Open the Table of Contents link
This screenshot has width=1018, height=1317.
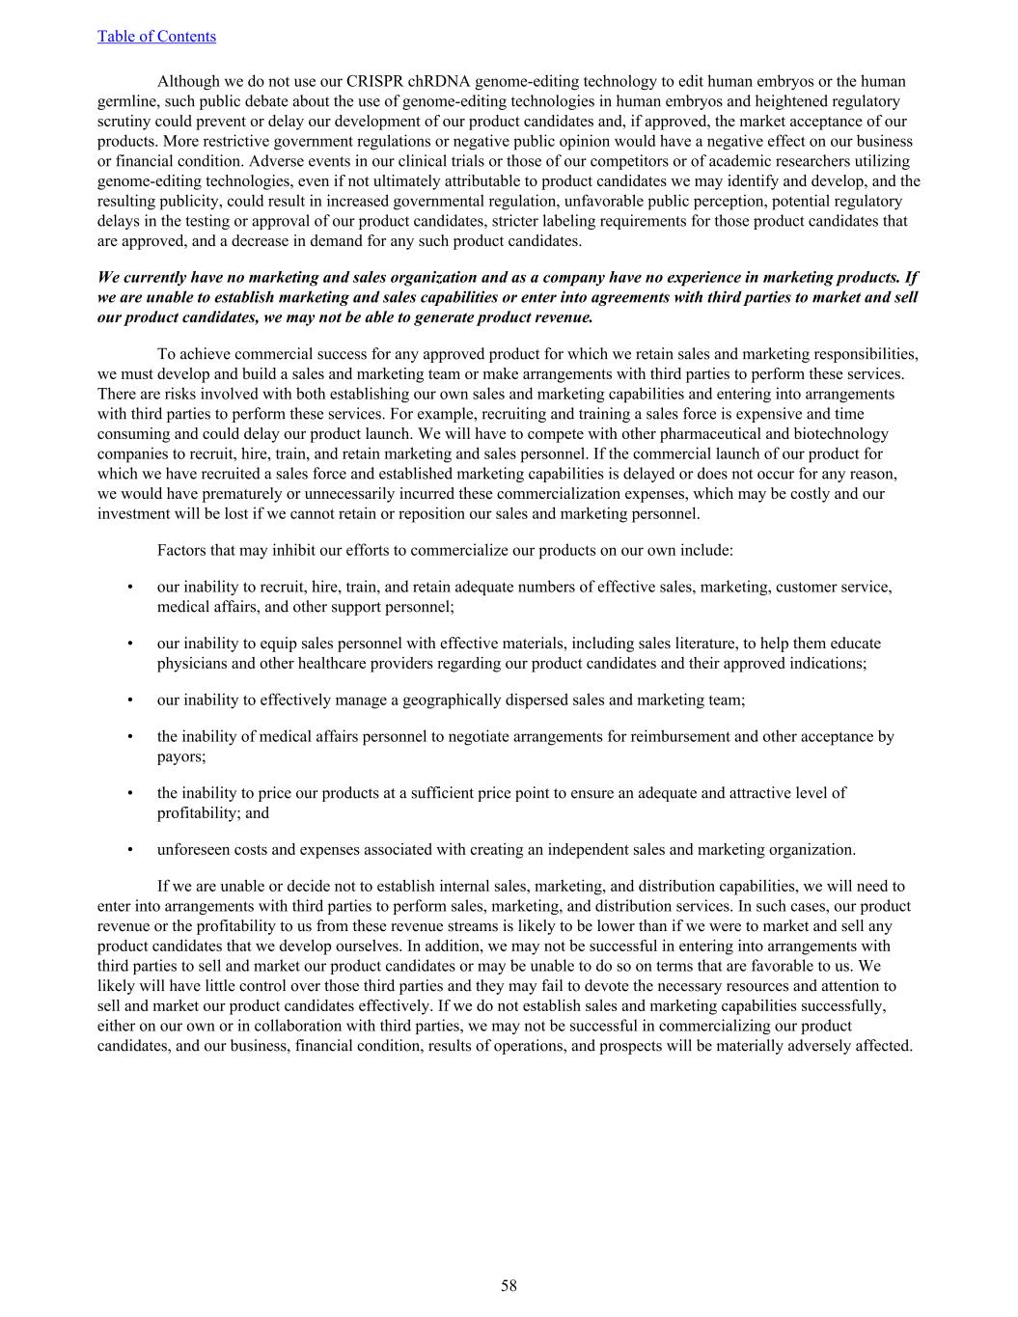pyautogui.click(x=156, y=37)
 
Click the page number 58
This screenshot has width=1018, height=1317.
pyautogui.click(x=509, y=1285)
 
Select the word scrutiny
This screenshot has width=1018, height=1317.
pyautogui.click(x=125, y=122)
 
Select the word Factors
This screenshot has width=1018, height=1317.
pyautogui.click(x=183, y=551)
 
